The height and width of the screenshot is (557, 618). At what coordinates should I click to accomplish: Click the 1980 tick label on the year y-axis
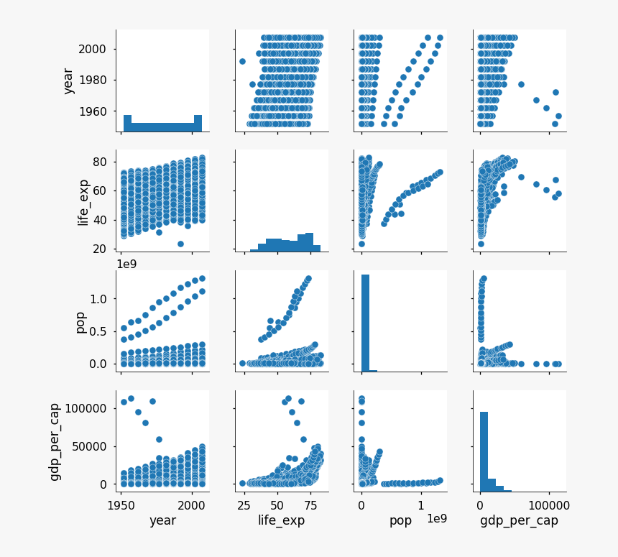(x=93, y=80)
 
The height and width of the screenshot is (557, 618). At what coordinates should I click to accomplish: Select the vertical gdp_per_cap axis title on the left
(x=55, y=441)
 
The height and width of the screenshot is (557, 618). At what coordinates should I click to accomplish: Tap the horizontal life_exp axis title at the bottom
(x=282, y=521)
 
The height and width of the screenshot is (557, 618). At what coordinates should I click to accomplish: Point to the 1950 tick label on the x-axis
(x=121, y=505)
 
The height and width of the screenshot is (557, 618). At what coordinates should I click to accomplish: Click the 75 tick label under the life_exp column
(x=310, y=505)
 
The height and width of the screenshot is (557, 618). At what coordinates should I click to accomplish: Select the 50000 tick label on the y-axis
(x=89, y=446)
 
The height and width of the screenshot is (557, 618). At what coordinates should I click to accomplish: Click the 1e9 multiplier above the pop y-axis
(x=126, y=264)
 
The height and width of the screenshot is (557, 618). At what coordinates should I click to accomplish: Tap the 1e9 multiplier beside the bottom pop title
(x=437, y=519)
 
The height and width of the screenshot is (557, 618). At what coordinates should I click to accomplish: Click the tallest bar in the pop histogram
(x=365, y=323)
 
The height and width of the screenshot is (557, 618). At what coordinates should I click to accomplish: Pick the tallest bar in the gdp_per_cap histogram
(x=484, y=452)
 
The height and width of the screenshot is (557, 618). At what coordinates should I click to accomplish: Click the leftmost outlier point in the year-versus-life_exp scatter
(x=242, y=62)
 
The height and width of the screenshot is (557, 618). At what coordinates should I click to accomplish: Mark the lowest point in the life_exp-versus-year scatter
(x=180, y=244)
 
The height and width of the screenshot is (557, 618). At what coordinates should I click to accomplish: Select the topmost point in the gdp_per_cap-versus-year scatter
(x=132, y=399)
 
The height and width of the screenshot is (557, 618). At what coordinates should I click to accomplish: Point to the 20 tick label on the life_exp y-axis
(x=99, y=249)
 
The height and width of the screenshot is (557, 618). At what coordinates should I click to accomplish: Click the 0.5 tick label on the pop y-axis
(x=98, y=331)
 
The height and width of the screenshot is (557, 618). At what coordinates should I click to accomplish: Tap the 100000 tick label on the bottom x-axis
(x=549, y=505)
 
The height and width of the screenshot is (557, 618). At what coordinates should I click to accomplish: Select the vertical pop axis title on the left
(x=80, y=323)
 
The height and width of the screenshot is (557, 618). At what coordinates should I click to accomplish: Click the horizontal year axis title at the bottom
(x=162, y=521)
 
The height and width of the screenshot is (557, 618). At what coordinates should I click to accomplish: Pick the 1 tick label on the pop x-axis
(x=421, y=505)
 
